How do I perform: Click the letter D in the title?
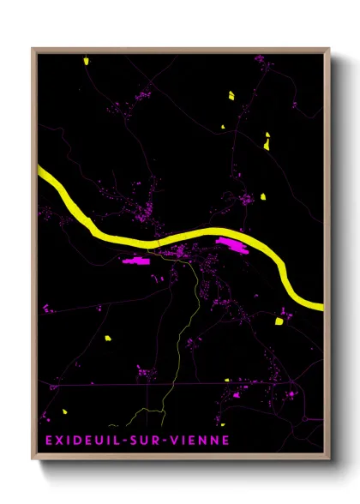tap(73, 441)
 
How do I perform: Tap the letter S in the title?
tap(132, 441)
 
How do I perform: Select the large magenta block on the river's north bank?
tap(233, 247)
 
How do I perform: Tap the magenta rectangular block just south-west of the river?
tap(137, 260)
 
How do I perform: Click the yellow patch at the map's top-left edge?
tap(87, 60)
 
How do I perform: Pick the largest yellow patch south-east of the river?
tap(279, 322)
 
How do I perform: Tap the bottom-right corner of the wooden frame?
tap(329, 459)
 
